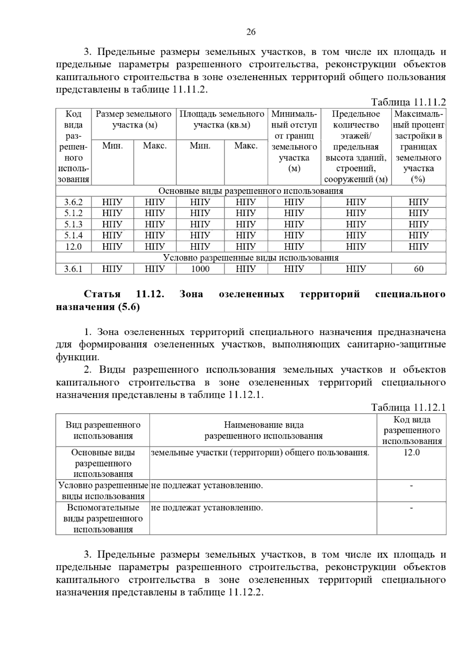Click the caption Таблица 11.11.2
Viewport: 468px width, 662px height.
408,103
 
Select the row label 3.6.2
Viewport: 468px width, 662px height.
73,202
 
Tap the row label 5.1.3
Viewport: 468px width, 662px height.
73,224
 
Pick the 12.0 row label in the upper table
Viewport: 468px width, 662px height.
73,246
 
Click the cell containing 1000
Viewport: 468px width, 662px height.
200,269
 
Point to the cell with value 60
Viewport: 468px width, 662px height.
418,269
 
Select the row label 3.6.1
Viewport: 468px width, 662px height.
73,269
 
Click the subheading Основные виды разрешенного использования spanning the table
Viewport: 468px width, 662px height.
250,191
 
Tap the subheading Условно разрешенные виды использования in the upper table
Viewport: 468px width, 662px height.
250,258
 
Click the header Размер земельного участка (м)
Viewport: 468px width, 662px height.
134,120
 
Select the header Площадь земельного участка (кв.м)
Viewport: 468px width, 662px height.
222,120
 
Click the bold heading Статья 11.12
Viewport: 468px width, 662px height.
124,294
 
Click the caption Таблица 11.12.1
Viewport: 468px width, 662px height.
408,408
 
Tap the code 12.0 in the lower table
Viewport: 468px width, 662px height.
411,453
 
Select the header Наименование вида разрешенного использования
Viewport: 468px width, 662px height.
263,430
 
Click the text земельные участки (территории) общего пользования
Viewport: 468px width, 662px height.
260,453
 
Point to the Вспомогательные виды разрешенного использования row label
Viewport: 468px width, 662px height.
103,519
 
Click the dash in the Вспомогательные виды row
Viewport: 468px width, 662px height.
411,508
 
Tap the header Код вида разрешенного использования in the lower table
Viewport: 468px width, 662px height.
411,430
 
